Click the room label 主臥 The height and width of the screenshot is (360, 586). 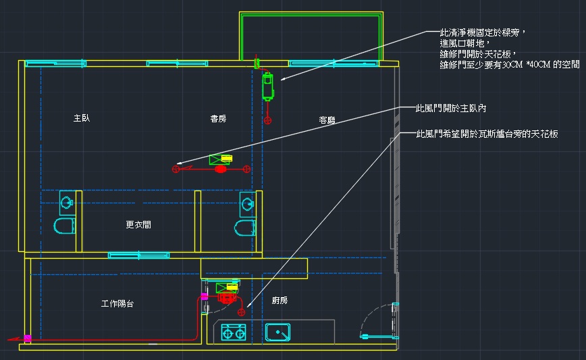82,118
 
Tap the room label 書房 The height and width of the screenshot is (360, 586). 218,119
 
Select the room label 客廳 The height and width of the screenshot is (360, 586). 327,120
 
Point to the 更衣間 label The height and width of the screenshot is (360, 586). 138,225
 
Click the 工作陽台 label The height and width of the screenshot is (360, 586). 117,304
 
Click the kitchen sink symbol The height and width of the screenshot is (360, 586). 278,332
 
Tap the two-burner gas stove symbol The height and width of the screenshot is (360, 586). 234,332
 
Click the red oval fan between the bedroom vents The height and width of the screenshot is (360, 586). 220,169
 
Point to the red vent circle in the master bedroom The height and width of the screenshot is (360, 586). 177,168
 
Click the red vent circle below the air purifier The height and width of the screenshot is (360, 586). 268,120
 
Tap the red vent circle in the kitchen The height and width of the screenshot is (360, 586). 241,311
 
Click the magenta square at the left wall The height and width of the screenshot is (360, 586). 28,337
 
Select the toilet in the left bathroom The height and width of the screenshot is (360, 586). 63,226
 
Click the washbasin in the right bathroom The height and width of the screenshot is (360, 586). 246,201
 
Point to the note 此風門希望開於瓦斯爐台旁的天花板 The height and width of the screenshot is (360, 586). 487,134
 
